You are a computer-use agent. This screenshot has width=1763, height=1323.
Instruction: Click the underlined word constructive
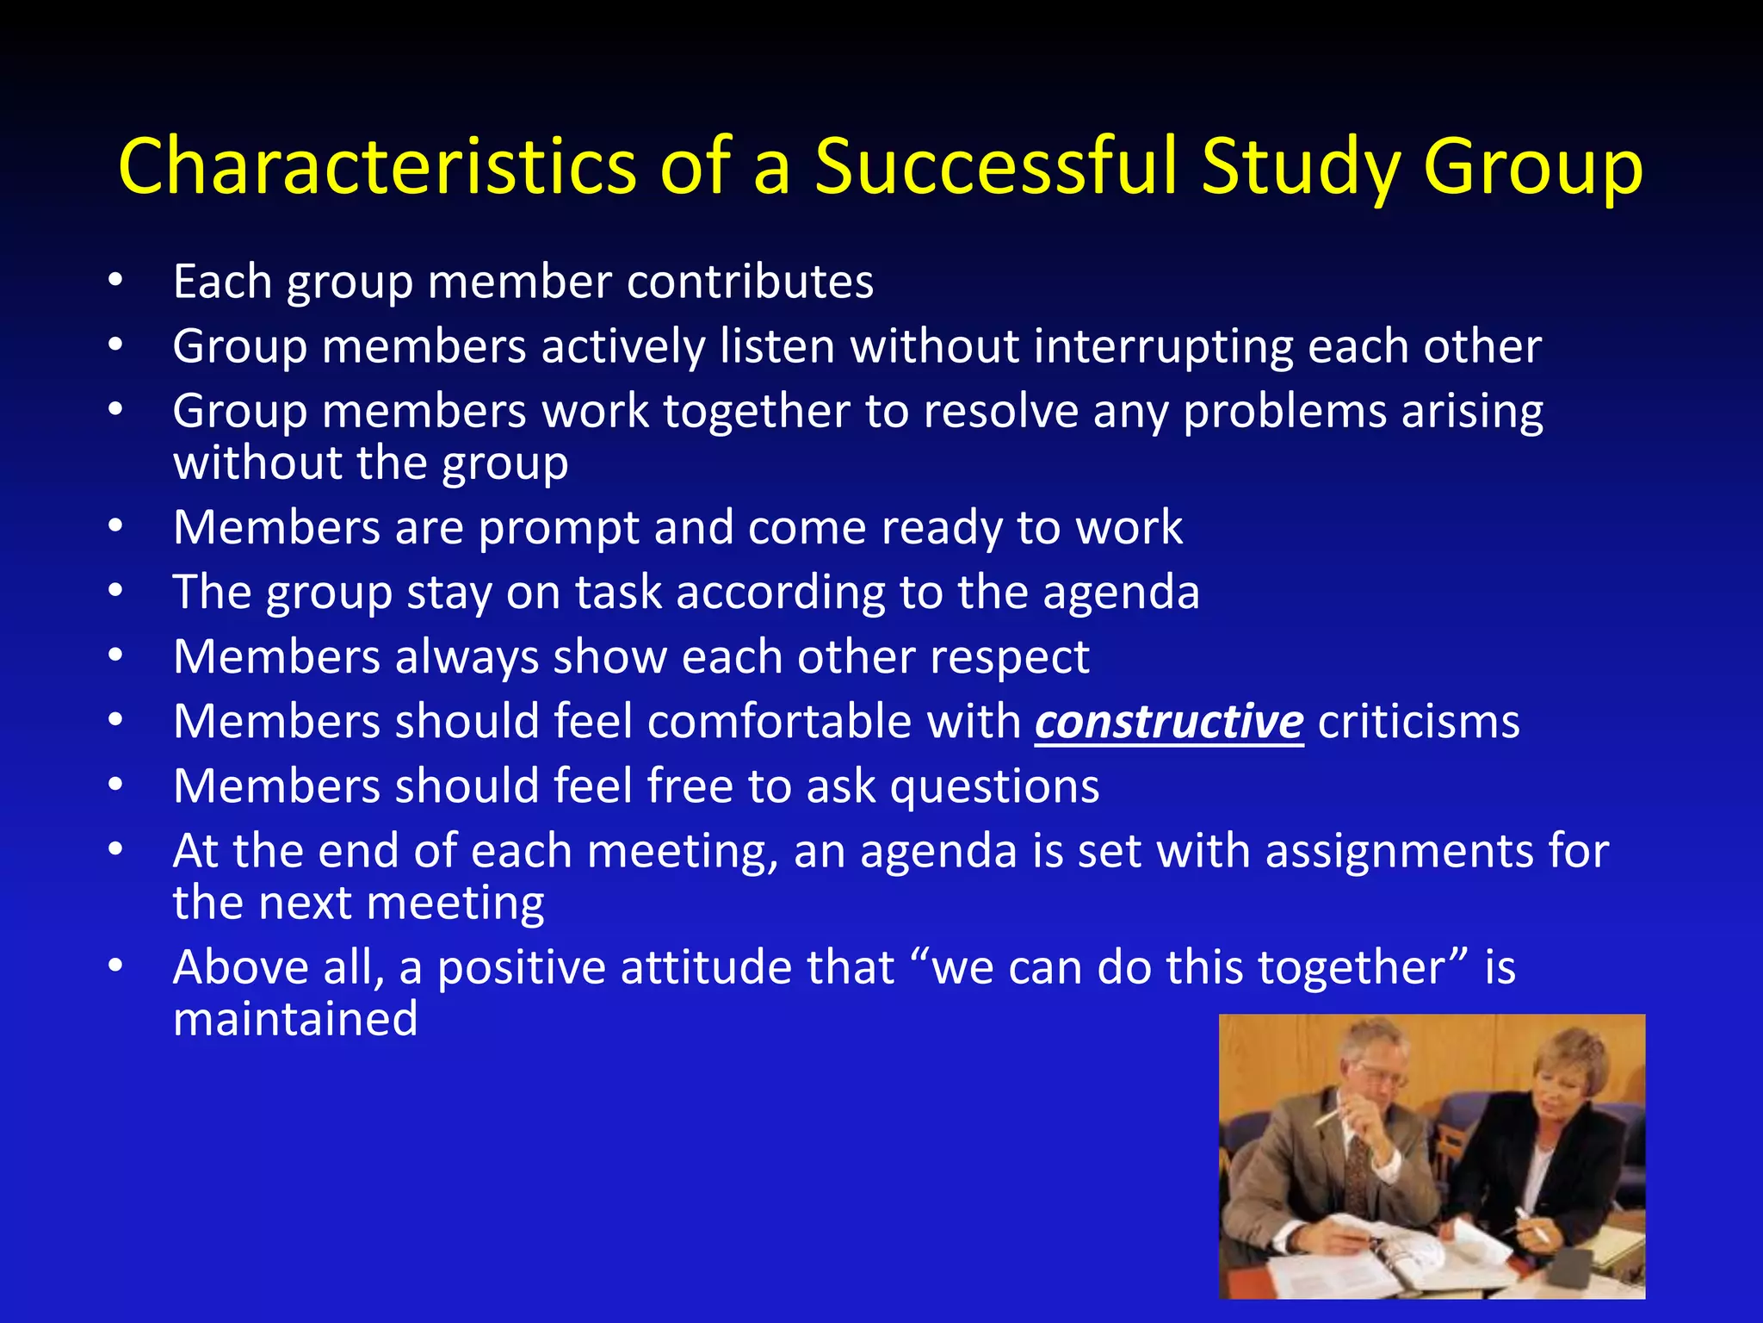[x=1169, y=722]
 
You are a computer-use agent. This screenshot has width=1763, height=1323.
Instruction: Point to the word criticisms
[x=1419, y=722]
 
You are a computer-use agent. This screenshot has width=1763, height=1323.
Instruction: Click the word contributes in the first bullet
[x=750, y=282]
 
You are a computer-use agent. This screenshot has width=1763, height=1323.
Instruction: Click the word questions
[x=994, y=786]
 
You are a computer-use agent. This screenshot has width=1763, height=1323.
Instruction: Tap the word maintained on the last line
[x=295, y=1019]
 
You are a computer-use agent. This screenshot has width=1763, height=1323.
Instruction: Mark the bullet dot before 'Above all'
[x=116, y=966]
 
